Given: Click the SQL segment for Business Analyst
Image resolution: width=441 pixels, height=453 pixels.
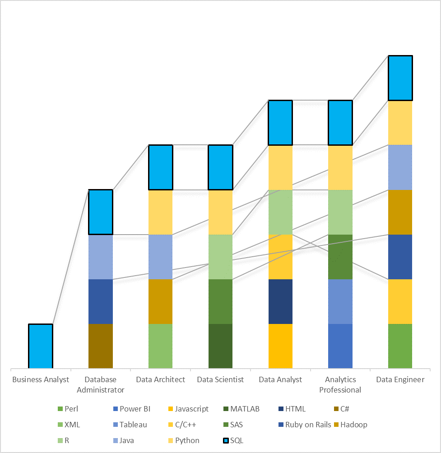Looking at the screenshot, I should click(41, 346).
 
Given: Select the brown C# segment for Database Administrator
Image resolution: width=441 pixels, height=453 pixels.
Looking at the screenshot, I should click(101, 346).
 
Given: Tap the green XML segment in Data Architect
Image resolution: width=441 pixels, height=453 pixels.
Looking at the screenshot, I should click(160, 346).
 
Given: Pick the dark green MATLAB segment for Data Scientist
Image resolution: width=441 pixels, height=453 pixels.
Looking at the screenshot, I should click(220, 346).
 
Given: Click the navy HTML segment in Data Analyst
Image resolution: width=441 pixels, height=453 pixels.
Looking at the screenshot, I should click(280, 301).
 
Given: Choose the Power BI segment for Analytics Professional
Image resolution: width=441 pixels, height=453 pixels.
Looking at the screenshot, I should click(340, 346).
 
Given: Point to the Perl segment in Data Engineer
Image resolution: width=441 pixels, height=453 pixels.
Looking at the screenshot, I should click(400, 346).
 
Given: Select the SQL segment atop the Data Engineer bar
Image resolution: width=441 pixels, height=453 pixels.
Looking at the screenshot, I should click(400, 78).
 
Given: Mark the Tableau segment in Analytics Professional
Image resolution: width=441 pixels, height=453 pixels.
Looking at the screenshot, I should click(340, 301).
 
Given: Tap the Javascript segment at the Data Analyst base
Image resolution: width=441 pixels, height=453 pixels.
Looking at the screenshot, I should click(280, 346).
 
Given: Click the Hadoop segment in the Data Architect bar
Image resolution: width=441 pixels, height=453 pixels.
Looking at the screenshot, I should click(160, 301).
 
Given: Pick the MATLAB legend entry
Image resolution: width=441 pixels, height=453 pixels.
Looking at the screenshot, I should click(245, 409).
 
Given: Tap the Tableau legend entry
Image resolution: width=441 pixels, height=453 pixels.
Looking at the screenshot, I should click(133, 425).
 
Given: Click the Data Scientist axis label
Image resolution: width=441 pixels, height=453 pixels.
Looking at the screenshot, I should click(220, 379).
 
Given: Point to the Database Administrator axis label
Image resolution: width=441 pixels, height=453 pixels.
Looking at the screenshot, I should click(101, 384).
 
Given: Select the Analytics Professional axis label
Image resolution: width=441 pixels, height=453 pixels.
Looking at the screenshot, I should click(340, 384).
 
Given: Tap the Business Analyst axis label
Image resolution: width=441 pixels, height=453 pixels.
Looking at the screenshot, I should click(41, 379).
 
